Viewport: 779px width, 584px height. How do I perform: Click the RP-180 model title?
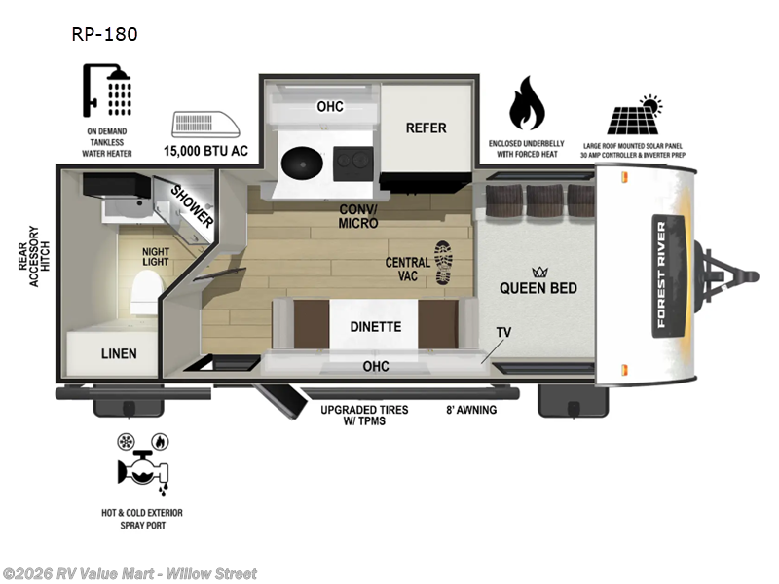[x=104, y=34]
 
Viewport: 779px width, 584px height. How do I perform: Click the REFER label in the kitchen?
[x=426, y=128]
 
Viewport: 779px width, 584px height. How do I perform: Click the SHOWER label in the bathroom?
[x=192, y=205]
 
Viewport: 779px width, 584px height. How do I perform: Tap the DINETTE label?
[x=375, y=327]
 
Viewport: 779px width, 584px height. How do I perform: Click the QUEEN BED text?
[x=538, y=288]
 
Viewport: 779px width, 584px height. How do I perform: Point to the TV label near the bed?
[x=503, y=332]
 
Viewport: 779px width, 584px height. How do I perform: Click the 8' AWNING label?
[x=471, y=410]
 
